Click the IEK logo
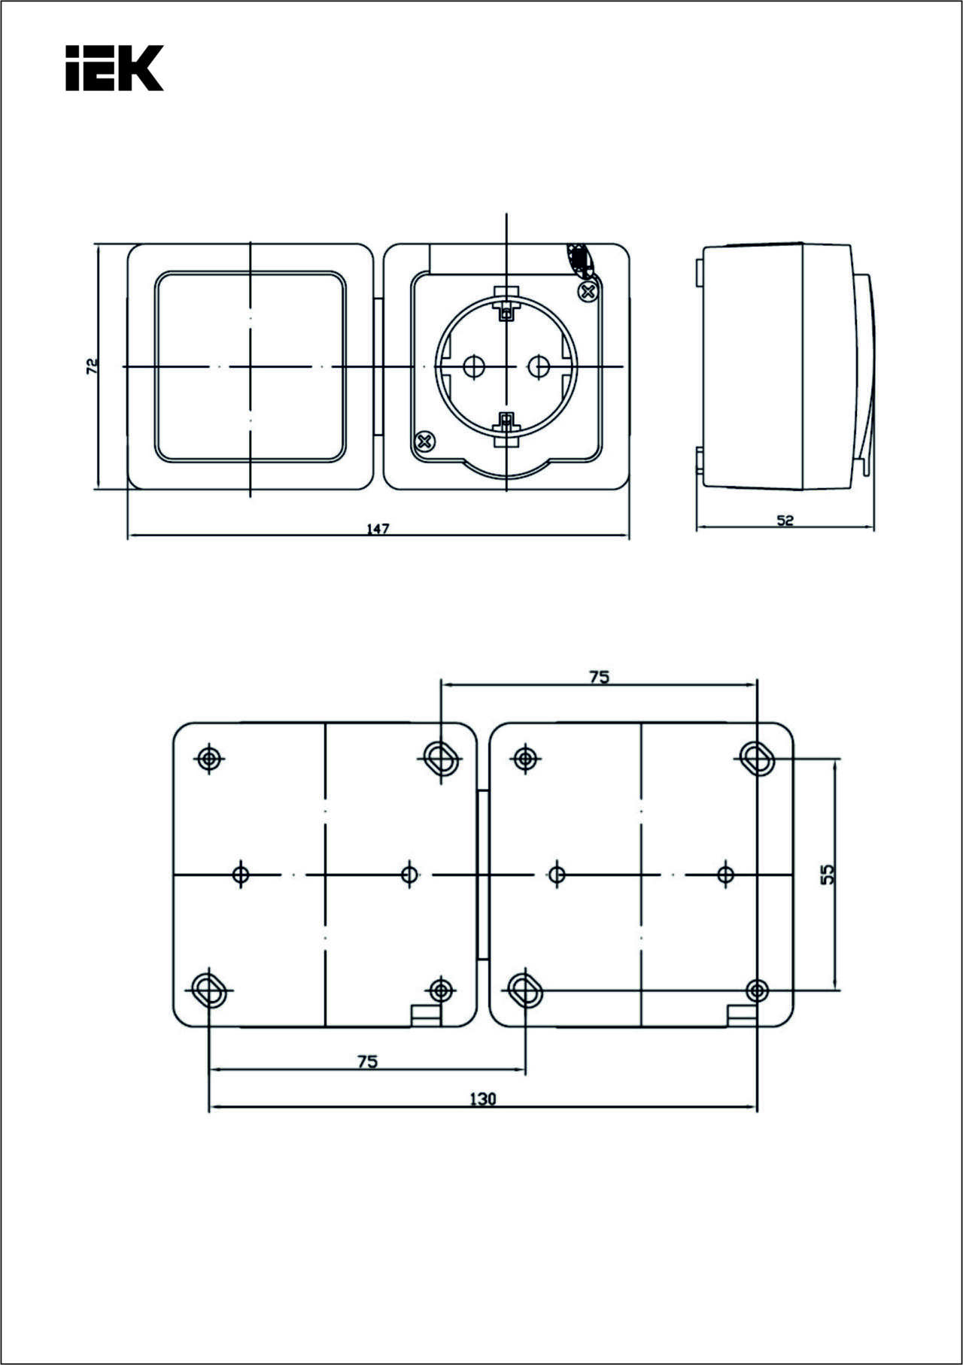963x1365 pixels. point(114,68)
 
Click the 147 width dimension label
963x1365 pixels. point(378,529)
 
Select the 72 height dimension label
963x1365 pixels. point(92,366)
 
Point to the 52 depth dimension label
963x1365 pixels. point(785,520)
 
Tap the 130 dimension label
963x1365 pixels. point(483,1099)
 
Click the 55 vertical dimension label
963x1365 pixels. point(827,874)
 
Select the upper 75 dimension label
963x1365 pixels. point(599,677)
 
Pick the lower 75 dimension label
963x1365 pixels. point(367,1061)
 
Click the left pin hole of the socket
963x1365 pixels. point(474,367)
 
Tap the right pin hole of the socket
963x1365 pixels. point(539,367)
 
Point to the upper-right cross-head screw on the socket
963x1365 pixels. point(588,291)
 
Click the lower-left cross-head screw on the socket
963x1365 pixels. point(425,441)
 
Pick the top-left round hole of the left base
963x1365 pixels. point(209,758)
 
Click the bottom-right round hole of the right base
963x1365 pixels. point(758,990)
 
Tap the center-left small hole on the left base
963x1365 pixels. point(241,874)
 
